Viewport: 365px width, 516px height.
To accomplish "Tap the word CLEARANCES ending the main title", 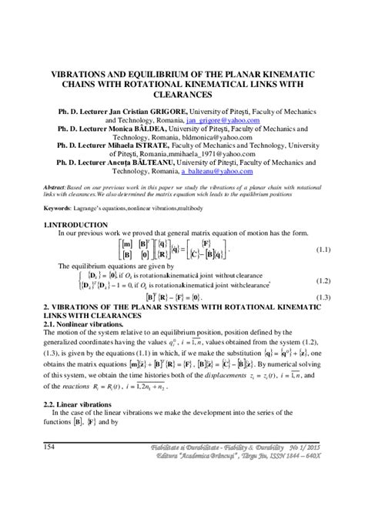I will [182, 94].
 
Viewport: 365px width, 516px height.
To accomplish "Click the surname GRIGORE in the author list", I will [164, 112].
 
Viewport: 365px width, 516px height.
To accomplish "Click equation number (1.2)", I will [326, 280].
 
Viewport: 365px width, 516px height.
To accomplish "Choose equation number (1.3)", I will [326, 297].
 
